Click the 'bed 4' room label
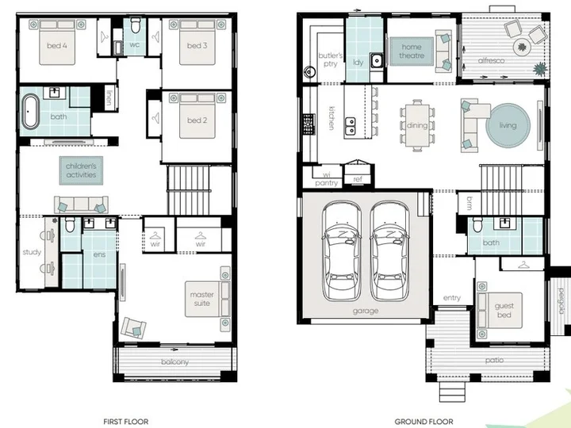57,45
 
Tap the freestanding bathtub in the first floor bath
31,112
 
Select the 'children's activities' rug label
81,170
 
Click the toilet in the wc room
136,25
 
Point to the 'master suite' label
201,299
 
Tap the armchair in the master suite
134,327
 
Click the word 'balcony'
174,362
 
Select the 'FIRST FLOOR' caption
125,422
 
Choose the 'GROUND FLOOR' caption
423,422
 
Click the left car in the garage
341,250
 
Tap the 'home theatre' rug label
412,52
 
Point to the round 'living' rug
508,125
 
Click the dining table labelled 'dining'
417,125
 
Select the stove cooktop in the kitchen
308,124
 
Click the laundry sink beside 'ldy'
377,60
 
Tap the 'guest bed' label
504,311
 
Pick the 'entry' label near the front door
452,298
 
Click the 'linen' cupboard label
109,97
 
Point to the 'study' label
32,252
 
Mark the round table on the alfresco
522,47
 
